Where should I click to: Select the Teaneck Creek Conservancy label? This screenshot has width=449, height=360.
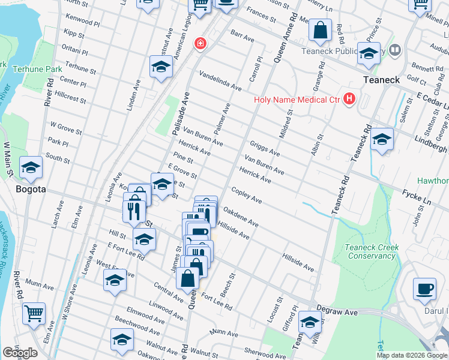click(x=369, y=251)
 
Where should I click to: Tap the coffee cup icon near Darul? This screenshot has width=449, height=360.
click(x=424, y=289)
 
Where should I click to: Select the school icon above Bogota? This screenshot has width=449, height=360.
click(x=31, y=167)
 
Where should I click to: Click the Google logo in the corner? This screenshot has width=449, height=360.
click(x=20, y=353)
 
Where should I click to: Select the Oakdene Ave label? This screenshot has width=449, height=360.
click(x=241, y=218)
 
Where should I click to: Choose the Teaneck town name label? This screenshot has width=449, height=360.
click(x=382, y=80)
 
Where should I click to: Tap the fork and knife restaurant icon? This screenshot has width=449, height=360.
click(x=133, y=211)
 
